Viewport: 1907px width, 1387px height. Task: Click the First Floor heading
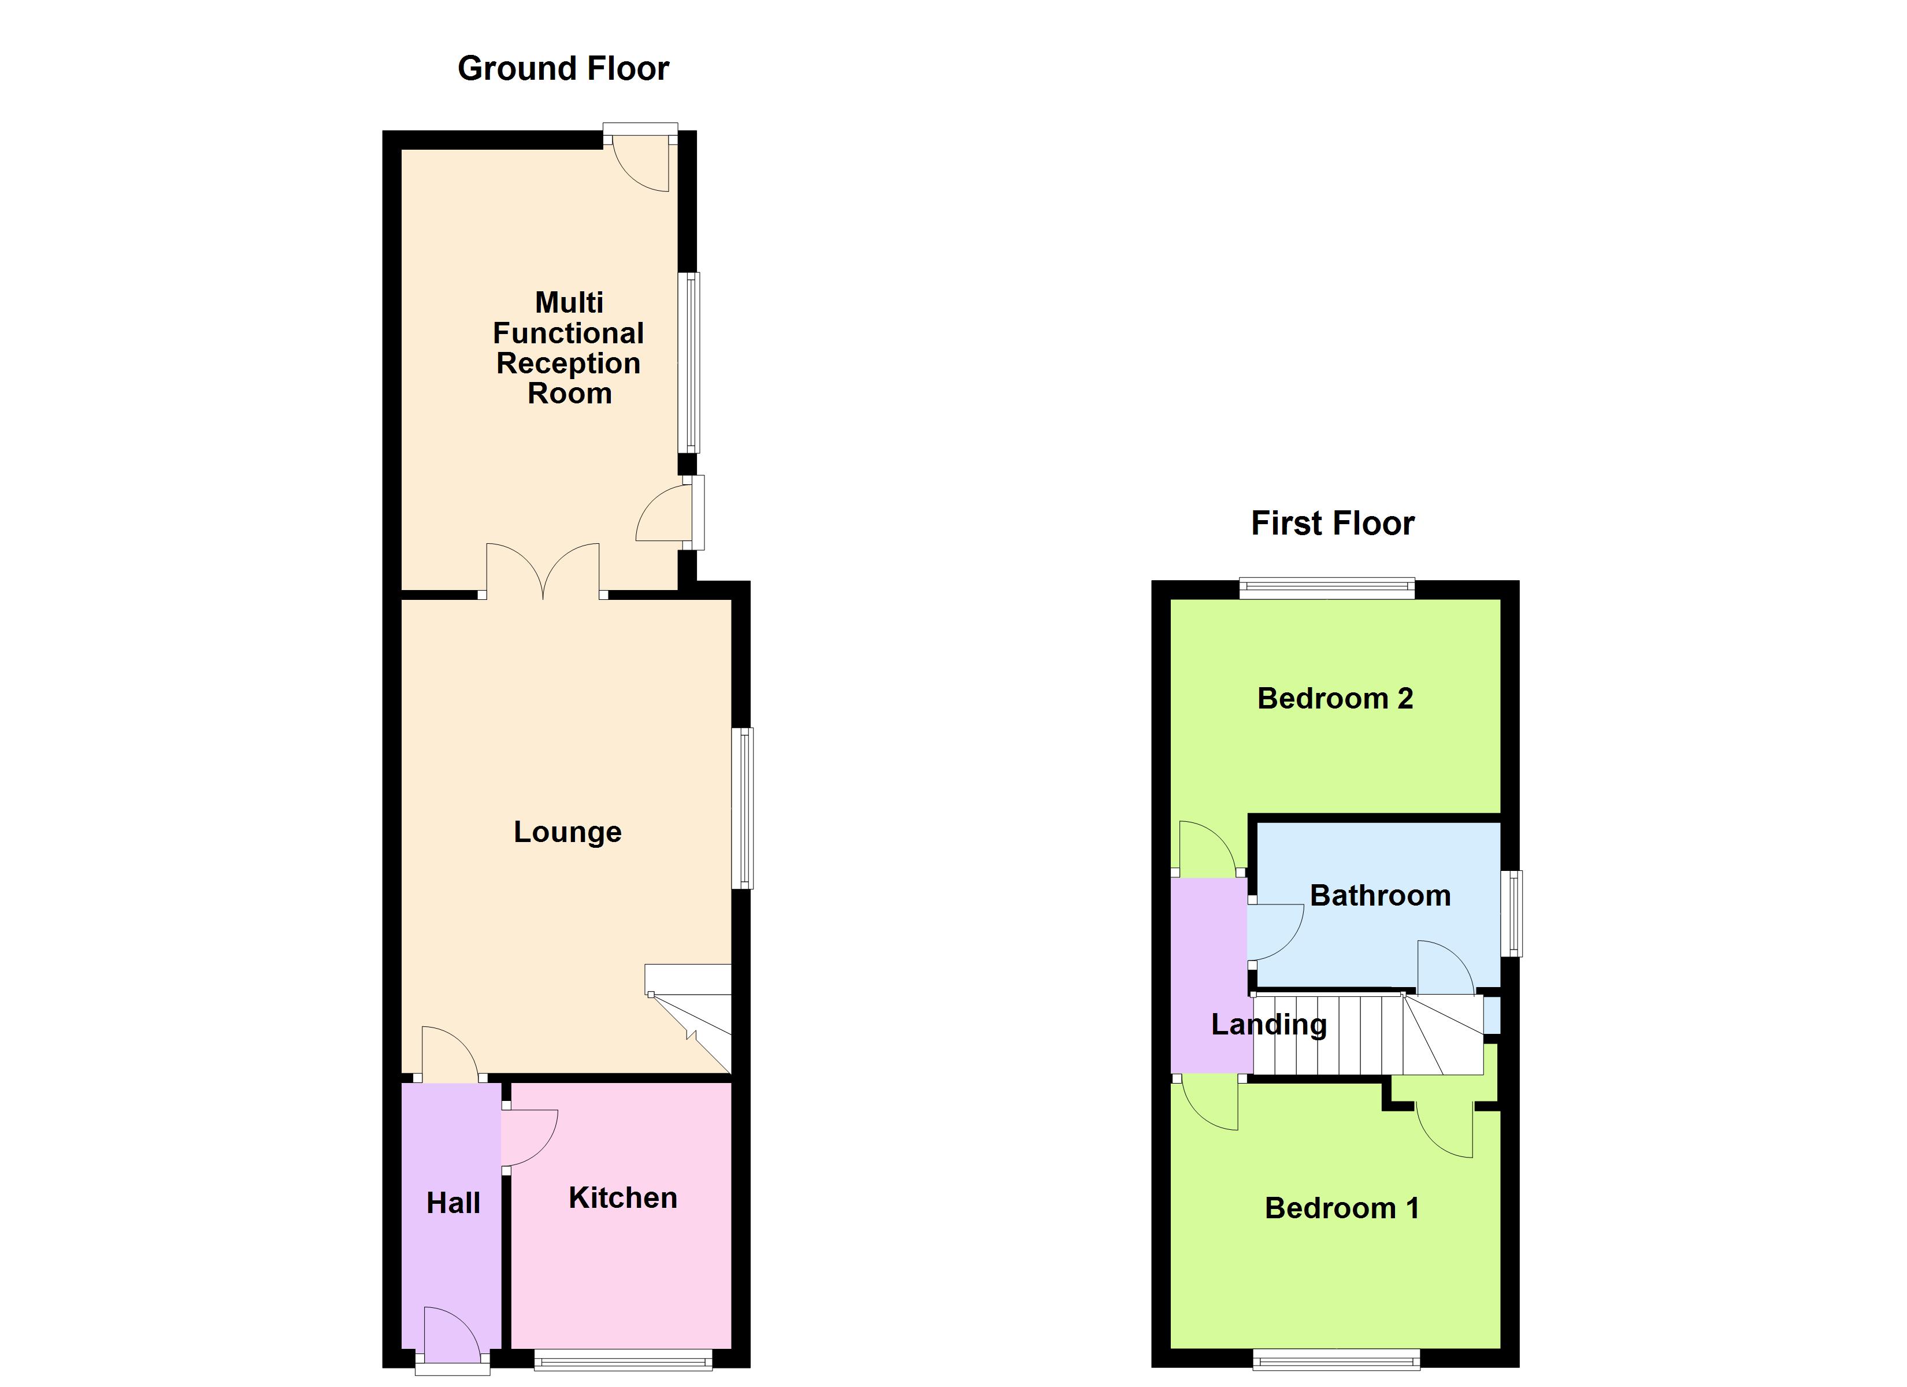(1332, 523)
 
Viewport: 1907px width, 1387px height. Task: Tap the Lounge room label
(567, 832)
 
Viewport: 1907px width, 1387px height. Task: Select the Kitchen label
(622, 1198)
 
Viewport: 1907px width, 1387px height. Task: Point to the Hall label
(453, 1203)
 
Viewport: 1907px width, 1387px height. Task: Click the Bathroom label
(1380, 895)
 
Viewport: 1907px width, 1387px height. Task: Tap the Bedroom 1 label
(1341, 1208)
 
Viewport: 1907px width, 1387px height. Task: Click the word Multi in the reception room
(569, 302)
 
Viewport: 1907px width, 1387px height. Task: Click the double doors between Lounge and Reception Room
(543, 572)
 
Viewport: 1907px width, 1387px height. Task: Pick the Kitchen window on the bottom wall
(623, 1360)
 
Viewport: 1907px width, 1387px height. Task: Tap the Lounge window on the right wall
(743, 807)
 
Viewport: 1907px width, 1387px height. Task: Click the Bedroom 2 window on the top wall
(1327, 589)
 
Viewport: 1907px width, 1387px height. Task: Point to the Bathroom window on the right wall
(1512, 913)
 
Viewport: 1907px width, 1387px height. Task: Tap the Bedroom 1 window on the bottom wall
(1336, 1359)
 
